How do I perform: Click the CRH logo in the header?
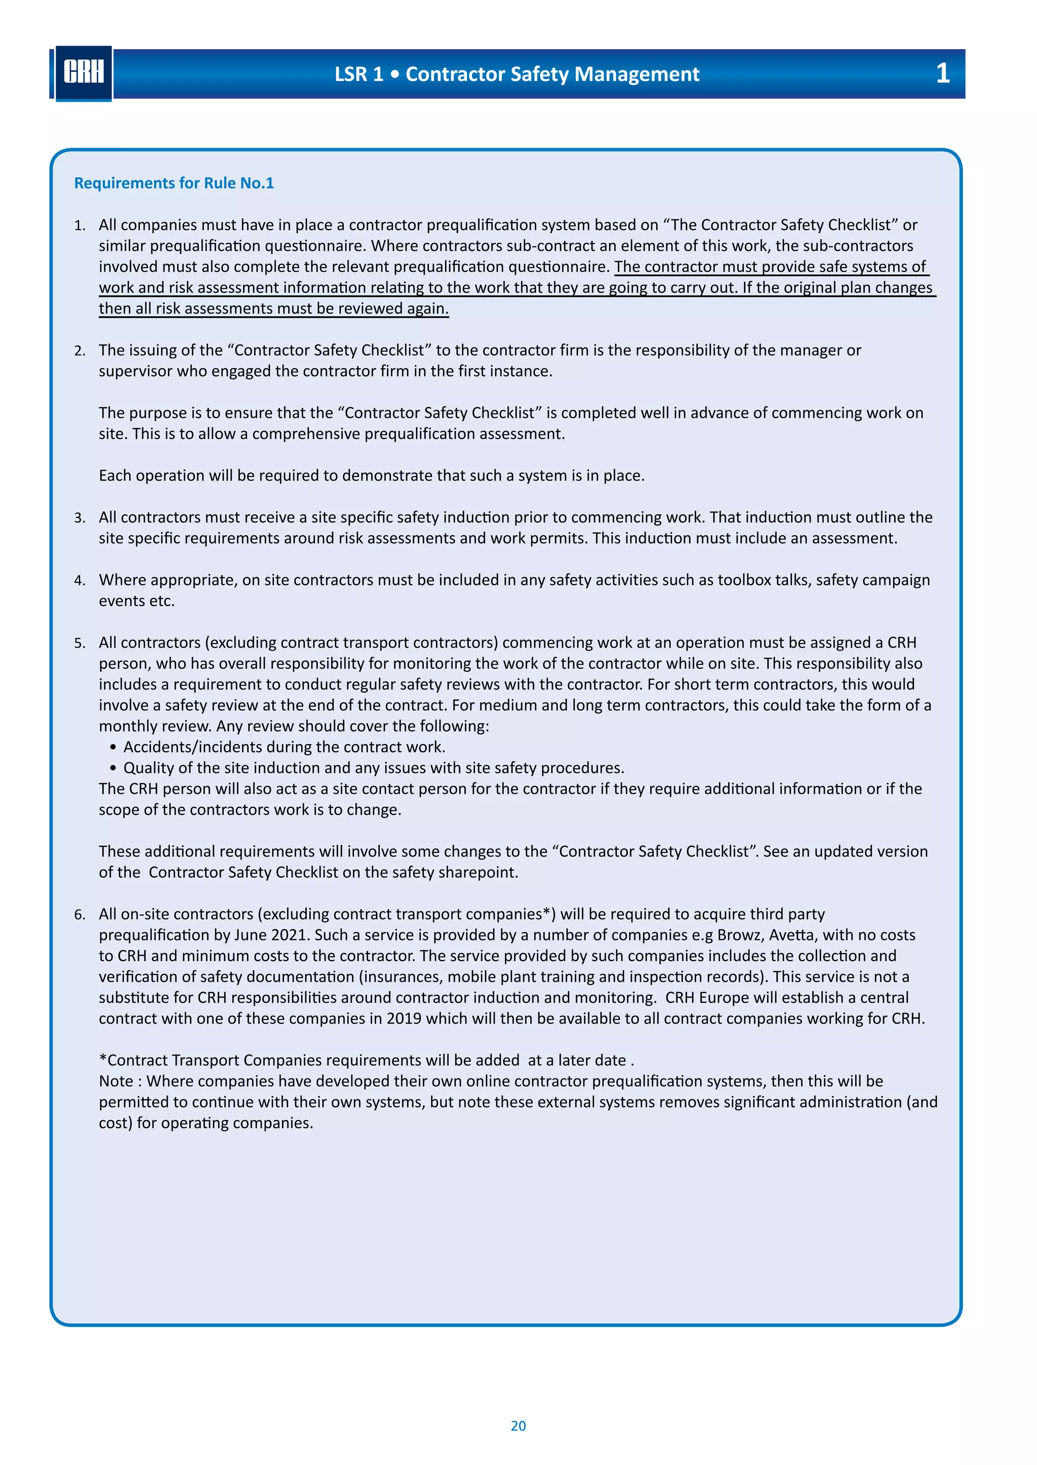[x=84, y=73]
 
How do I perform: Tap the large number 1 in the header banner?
[x=942, y=73]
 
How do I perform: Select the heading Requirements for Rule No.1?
[x=174, y=183]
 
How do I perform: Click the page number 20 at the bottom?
[x=518, y=1426]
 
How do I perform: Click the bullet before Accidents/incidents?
[x=113, y=747]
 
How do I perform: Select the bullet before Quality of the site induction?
[x=113, y=768]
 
